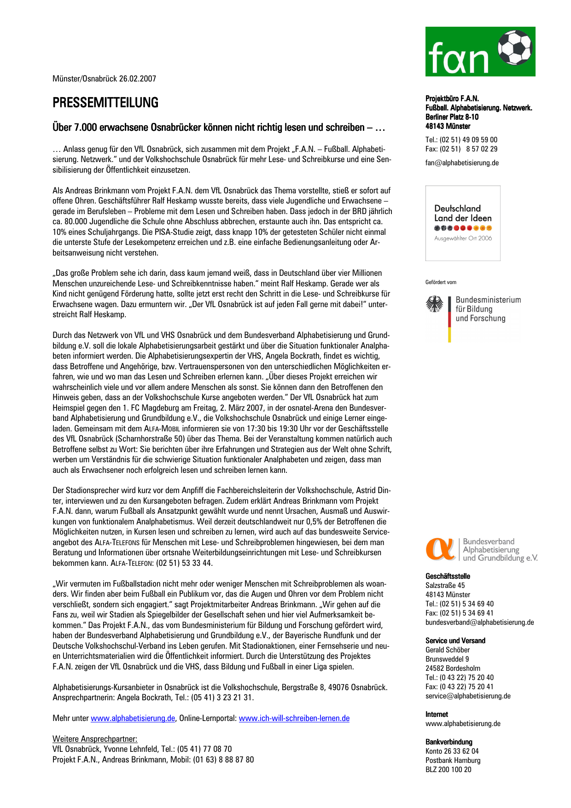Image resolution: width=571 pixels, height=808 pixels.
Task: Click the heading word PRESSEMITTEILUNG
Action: point(105,103)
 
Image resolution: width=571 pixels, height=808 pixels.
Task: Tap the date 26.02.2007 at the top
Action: point(137,79)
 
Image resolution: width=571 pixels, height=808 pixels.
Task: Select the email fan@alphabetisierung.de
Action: point(462,163)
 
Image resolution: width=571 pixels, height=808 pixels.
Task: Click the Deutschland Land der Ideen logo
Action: point(463,223)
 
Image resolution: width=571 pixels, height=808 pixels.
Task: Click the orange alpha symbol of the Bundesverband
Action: point(440,549)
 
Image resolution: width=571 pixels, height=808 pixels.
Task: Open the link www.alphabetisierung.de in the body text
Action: point(133,718)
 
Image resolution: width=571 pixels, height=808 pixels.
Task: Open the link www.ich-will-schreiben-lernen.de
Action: point(294,718)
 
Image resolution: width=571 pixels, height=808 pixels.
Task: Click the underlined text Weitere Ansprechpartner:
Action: point(95,739)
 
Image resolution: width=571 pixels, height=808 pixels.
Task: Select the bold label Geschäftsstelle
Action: point(448,576)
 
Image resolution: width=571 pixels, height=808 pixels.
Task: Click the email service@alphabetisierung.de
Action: point(468,696)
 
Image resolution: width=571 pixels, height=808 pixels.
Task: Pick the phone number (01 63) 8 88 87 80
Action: point(223,760)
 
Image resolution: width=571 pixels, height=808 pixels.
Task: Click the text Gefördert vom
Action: point(441,282)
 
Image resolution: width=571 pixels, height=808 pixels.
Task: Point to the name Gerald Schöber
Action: point(448,650)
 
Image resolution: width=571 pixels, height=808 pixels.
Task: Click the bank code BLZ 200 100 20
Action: point(448,770)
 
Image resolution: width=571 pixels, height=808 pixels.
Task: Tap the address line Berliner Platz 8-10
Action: point(452,117)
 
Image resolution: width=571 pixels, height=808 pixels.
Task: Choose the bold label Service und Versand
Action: point(455,641)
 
